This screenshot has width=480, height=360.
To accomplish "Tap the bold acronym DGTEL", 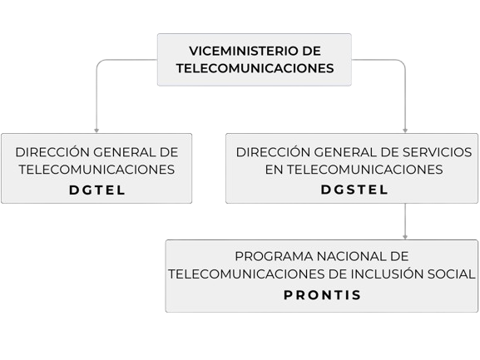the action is (x=97, y=190).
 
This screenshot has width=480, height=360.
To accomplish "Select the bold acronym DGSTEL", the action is (x=354, y=190).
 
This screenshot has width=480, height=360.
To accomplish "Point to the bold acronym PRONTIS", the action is (x=322, y=295).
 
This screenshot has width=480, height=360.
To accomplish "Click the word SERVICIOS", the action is (x=437, y=152).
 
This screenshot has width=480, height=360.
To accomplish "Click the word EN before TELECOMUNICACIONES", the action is (x=274, y=170).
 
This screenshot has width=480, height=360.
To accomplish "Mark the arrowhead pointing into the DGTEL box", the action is (x=96, y=131).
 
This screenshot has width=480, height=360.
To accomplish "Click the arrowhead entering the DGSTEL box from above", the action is (x=405, y=131).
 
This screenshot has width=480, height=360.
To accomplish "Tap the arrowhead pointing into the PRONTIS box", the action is (x=405, y=237).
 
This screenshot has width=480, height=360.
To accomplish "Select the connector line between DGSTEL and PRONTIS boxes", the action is (x=405, y=221).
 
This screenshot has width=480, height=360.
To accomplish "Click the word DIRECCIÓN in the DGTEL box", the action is (x=52, y=151).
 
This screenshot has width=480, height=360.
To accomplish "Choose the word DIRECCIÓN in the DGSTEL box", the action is (x=273, y=151).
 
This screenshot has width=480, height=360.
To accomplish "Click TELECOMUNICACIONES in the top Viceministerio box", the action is (x=255, y=68).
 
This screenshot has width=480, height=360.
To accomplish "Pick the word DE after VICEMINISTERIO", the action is (x=312, y=51).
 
